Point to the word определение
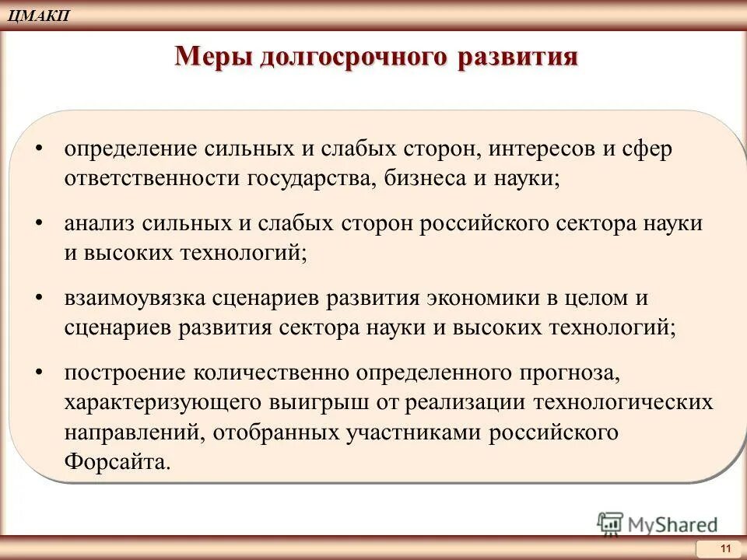click(x=129, y=149)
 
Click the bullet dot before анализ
click(x=39, y=224)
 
